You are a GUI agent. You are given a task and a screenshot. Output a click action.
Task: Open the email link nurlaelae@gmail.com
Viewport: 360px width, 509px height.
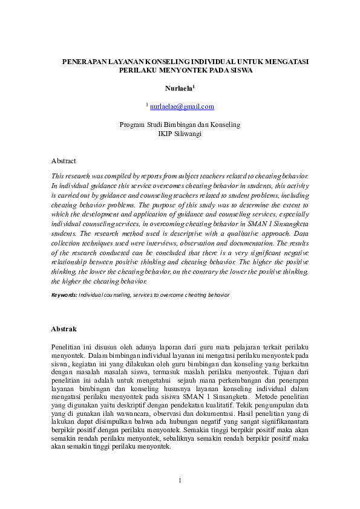click(182, 106)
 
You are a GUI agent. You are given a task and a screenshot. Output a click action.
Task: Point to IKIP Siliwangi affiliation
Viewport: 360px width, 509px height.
click(180, 134)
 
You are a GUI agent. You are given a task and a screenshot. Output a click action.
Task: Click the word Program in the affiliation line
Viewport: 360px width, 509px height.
click(132, 125)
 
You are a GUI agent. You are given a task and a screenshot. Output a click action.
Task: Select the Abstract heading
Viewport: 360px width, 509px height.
click(64, 161)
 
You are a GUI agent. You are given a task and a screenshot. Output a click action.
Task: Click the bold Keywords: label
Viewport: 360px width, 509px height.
click(64, 294)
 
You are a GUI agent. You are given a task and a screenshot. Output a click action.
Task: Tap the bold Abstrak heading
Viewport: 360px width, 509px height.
click(64, 329)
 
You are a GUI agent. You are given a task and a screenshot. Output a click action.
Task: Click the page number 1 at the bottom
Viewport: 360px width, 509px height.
click(180, 481)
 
